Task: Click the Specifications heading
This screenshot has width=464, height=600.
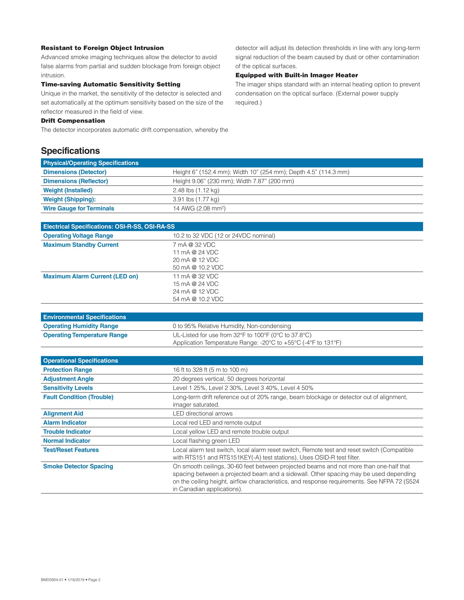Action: pyautogui.click(x=70, y=151)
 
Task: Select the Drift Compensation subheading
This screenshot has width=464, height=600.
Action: pyautogui.click(x=73, y=121)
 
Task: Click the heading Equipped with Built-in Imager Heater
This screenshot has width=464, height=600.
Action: pyautogui.click(x=297, y=75)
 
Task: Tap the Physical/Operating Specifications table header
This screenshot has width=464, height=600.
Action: pyautogui.click(x=91, y=163)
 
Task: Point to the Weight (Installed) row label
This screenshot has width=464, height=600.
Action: pyautogui.click(x=68, y=190)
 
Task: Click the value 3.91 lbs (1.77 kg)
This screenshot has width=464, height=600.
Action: pyautogui.click(x=196, y=199)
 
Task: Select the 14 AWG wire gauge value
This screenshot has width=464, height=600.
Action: pyautogui.click(x=199, y=208)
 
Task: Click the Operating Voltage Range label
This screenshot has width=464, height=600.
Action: pyautogui.click(x=78, y=236)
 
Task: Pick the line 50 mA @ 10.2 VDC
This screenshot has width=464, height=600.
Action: pyautogui.click(x=198, y=267)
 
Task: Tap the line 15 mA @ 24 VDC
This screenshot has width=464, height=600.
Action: pyautogui.click(x=195, y=284)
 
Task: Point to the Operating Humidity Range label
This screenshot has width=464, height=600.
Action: pyautogui.click(x=81, y=326)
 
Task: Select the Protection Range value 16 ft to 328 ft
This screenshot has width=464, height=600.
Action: pyautogui.click(x=210, y=370)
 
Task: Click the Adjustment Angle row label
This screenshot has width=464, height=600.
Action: pyautogui.click(x=68, y=379)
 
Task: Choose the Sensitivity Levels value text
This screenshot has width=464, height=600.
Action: pyautogui.click(x=243, y=388)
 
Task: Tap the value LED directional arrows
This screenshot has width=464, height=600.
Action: pyautogui.click(x=203, y=413)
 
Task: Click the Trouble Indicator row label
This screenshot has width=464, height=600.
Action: pyautogui.click(x=67, y=432)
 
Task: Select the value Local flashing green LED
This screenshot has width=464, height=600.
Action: pyautogui.click(x=206, y=441)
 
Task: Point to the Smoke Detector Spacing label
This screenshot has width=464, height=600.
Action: pyautogui.click(x=78, y=466)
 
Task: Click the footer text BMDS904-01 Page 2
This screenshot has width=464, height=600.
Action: pyautogui.click(x=71, y=580)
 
